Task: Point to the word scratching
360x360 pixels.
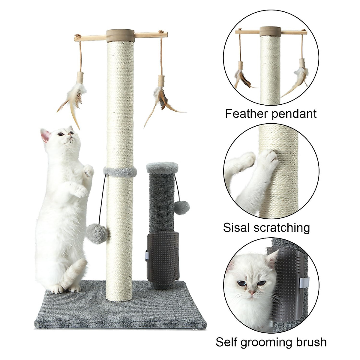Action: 282,228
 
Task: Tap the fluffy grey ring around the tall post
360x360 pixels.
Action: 120,171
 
